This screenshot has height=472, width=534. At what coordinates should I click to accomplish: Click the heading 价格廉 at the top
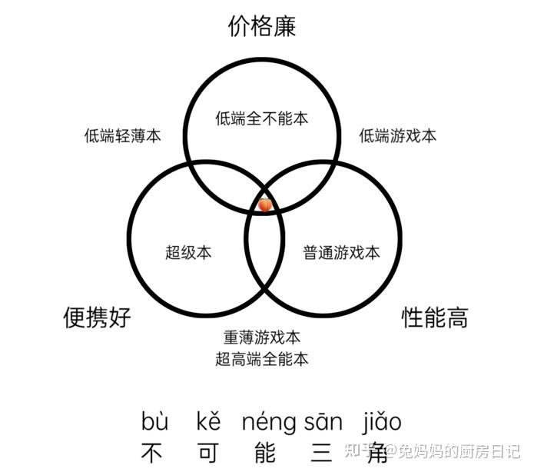coord(262,27)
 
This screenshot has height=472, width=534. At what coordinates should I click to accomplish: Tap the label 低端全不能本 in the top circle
coord(261,118)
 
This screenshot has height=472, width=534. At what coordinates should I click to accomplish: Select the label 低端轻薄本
coord(123,136)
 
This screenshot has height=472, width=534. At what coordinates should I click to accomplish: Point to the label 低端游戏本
coord(398,136)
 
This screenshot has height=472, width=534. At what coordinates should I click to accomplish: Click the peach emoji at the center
coord(264,205)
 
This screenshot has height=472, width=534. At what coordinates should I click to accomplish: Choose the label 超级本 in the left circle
coord(188,252)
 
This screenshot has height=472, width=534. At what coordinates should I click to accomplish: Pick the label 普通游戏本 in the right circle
coord(341,252)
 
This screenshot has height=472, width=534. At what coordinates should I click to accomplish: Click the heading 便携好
coord(97,317)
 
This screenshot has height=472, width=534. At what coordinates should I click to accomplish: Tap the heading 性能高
coord(435,317)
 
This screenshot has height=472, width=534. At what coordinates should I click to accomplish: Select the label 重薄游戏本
coord(262,337)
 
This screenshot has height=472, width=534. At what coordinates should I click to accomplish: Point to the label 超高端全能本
coord(262,359)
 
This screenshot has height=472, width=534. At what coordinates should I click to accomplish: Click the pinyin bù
coord(154,422)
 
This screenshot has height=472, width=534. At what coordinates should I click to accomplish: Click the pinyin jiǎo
coord(382,422)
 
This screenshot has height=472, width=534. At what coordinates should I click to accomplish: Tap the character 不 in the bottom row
coord(153,451)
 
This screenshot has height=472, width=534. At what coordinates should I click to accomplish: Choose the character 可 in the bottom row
coord(208,451)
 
